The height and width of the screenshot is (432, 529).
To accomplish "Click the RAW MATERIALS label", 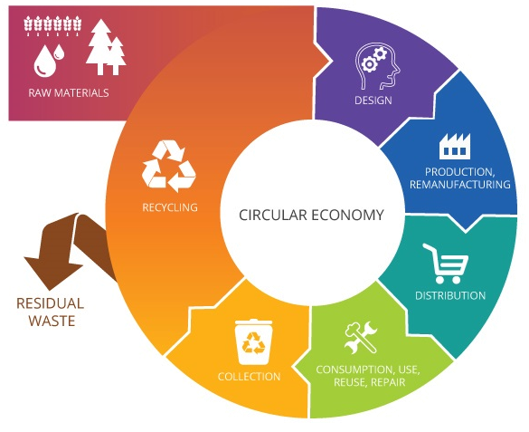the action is click(x=69, y=93).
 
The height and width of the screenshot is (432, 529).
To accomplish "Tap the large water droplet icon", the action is click(x=44, y=62).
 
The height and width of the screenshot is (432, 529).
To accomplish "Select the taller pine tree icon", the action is click(x=99, y=46).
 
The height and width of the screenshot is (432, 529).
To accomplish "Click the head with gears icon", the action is click(x=377, y=66).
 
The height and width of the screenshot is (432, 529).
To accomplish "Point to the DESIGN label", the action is click(x=373, y=101).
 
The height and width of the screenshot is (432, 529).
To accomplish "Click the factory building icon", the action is click(x=455, y=146).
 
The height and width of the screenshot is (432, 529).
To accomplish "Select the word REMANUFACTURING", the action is click(x=460, y=185).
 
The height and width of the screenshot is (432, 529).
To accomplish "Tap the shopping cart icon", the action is click(x=445, y=264).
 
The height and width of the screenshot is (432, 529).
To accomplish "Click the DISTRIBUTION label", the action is click(x=450, y=295).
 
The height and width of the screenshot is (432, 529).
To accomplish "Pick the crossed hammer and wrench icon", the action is click(x=361, y=337).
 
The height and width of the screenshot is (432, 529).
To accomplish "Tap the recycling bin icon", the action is click(x=254, y=341).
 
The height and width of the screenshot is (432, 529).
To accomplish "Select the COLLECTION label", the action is click(x=249, y=376).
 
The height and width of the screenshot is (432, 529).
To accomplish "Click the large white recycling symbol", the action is click(x=169, y=166).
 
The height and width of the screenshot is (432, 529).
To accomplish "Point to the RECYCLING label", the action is click(x=170, y=207).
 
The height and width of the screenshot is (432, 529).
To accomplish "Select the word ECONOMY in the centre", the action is click(x=347, y=215).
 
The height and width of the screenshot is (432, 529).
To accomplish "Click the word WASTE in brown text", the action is click(x=52, y=321).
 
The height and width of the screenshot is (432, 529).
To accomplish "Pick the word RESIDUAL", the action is click(x=50, y=303).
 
